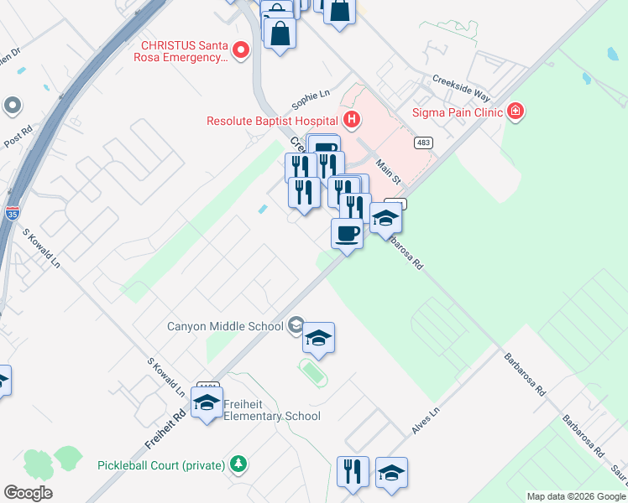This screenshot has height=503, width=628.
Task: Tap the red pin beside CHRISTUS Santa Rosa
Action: [x=241, y=51]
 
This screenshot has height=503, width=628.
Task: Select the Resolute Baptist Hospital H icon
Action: [x=351, y=120]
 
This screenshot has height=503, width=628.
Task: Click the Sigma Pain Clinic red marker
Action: [x=515, y=111]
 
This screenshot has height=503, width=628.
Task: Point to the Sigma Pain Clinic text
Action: [x=457, y=111]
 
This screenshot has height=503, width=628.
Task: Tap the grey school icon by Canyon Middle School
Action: [x=295, y=324]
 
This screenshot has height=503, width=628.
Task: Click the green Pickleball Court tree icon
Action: [x=238, y=464]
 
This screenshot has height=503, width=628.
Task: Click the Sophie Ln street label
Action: [x=311, y=100]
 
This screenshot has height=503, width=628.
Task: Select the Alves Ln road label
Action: [x=425, y=422]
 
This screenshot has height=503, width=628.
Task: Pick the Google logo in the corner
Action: [x=28, y=493]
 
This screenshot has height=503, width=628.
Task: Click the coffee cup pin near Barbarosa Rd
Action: [x=347, y=234]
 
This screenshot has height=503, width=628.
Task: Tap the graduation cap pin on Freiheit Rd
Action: [x=207, y=402]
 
